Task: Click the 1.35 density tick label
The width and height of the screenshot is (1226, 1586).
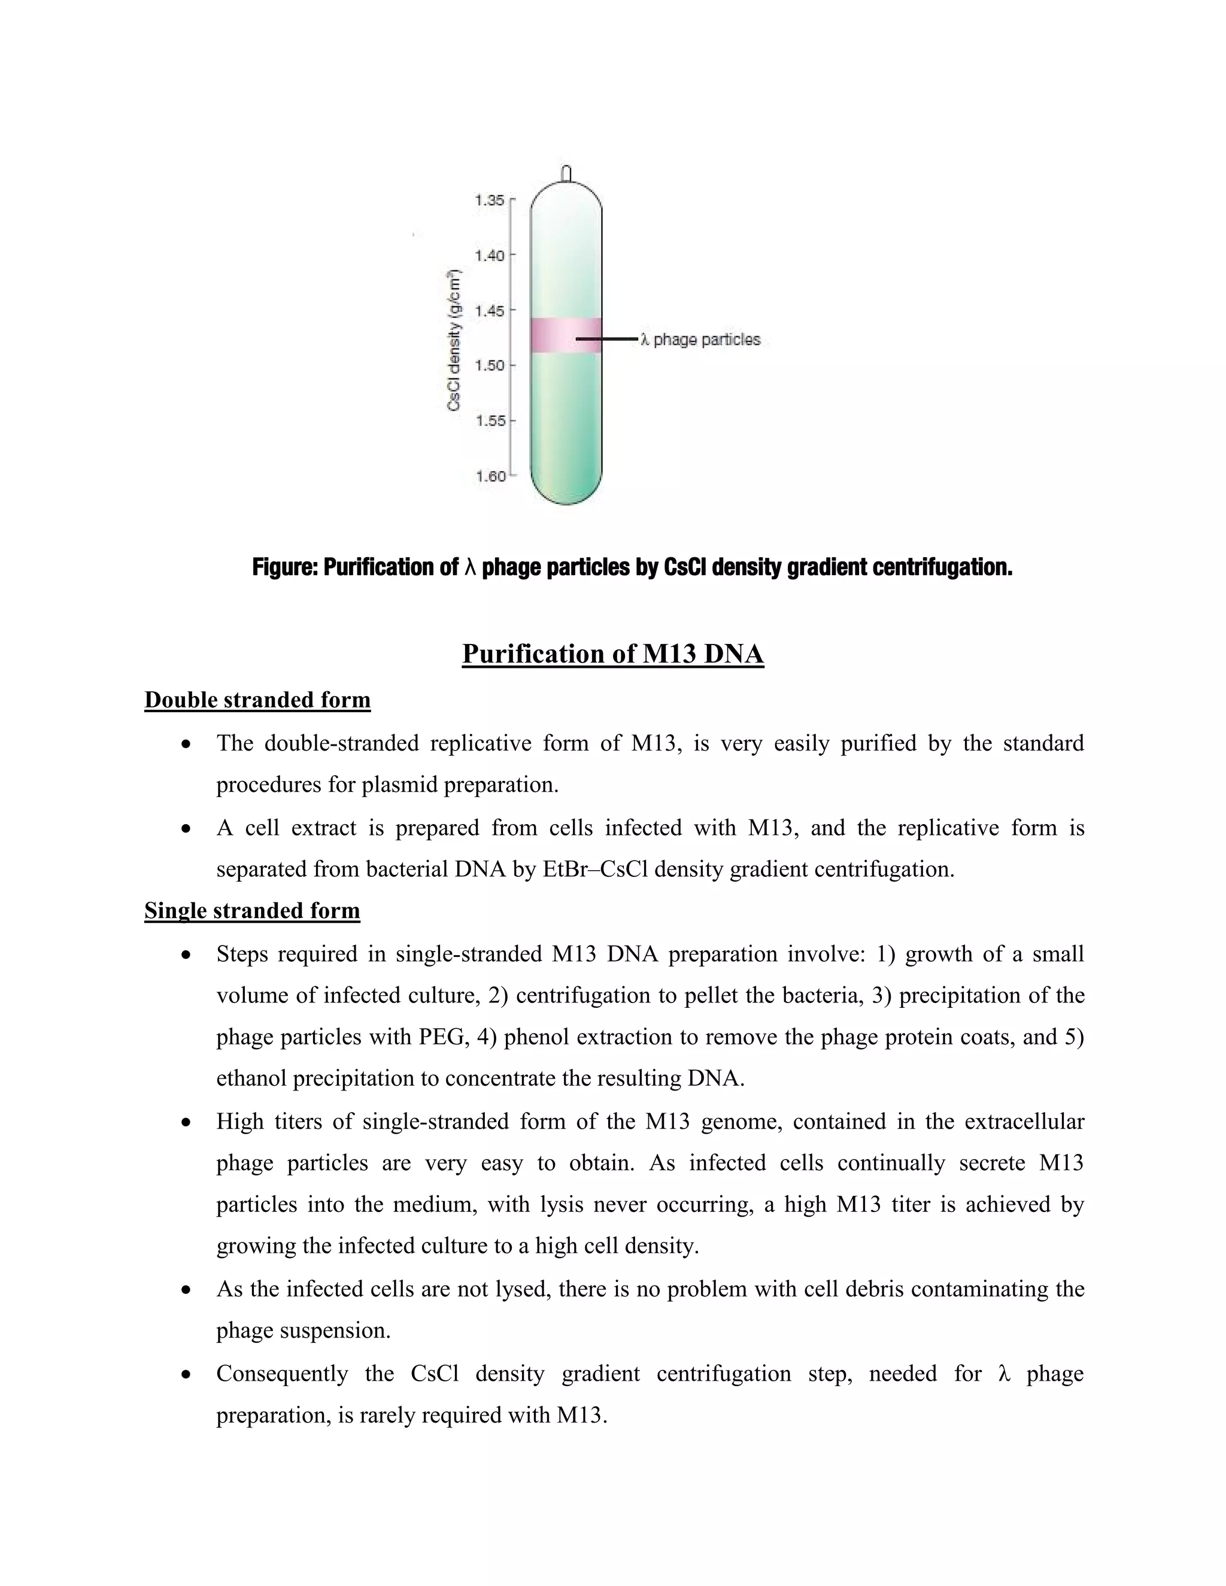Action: click(x=489, y=200)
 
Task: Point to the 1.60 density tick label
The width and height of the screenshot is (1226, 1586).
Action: click(x=490, y=476)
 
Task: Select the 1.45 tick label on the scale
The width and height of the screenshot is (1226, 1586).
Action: click(x=489, y=311)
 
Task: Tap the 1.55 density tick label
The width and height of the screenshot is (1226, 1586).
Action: click(x=489, y=421)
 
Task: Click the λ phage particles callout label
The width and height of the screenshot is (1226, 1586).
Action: click(x=700, y=340)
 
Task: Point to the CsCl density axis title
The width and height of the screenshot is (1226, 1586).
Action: click(x=455, y=341)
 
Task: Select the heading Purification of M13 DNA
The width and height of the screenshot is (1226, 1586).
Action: click(x=613, y=654)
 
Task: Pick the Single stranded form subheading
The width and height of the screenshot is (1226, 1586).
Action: click(x=252, y=911)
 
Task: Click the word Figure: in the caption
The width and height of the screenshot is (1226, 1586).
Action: click(x=285, y=567)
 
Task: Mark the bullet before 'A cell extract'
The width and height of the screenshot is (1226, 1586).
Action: click(x=187, y=828)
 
